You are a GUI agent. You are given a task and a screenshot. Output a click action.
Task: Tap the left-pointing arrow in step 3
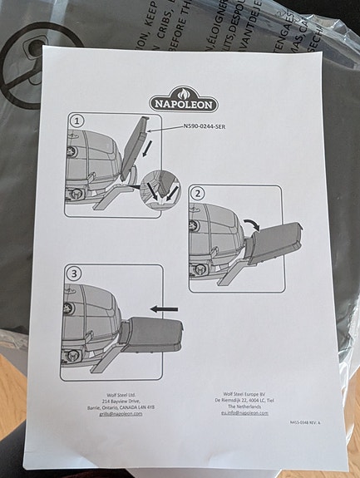(165, 308)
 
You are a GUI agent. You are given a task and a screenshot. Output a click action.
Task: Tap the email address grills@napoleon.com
(115, 413)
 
